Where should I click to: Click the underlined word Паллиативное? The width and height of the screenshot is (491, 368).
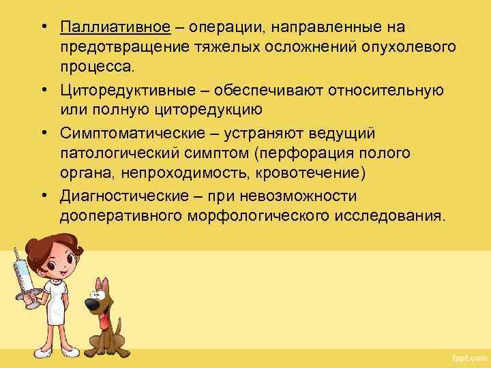tap(115, 27)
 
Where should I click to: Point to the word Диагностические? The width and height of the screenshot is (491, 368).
tap(121, 198)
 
